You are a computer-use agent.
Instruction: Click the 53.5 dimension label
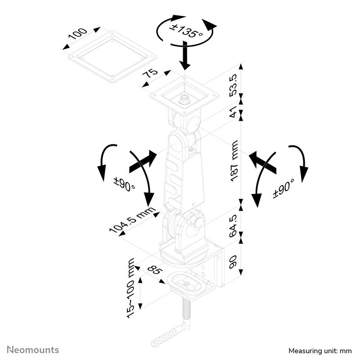coord(233,85)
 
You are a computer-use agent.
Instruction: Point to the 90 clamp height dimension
coord(233,261)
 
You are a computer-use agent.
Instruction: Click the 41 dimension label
coord(233,112)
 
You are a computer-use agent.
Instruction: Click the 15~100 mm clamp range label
coord(131,288)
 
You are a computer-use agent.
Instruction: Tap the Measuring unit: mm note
coord(320,350)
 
